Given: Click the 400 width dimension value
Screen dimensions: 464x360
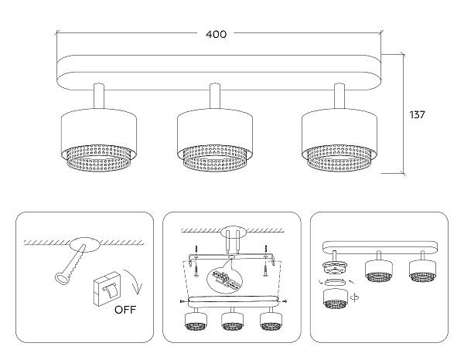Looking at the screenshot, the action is click(216, 34).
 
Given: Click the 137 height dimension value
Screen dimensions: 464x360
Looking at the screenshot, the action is click(417, 114).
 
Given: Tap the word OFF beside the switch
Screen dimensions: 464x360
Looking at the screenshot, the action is click(125, 310).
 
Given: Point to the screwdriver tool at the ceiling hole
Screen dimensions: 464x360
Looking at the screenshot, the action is click(70, 264).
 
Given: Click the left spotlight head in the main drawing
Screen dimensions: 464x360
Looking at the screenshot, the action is click(99, 140).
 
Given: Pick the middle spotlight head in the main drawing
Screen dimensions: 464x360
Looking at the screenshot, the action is click(215, 140).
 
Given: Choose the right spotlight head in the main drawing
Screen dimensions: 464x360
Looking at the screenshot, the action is click(339, 140).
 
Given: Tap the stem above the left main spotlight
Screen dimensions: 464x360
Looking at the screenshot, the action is click(99, 96).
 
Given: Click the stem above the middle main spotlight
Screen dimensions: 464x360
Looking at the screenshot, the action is click(215, 96).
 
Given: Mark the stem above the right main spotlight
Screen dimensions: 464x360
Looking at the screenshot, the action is click(339, 96).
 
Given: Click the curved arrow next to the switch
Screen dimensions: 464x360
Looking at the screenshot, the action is click(134, 281).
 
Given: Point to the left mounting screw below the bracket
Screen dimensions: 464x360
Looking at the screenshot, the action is click(196, 270).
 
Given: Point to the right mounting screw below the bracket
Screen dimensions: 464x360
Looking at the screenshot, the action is click(265, 270).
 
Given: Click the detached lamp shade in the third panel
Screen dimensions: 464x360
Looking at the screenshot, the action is click(336, 299).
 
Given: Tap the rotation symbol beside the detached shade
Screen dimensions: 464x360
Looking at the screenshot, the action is click(355, 297).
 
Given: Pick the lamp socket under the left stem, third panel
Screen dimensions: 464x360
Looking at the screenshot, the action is click(334, 267).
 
